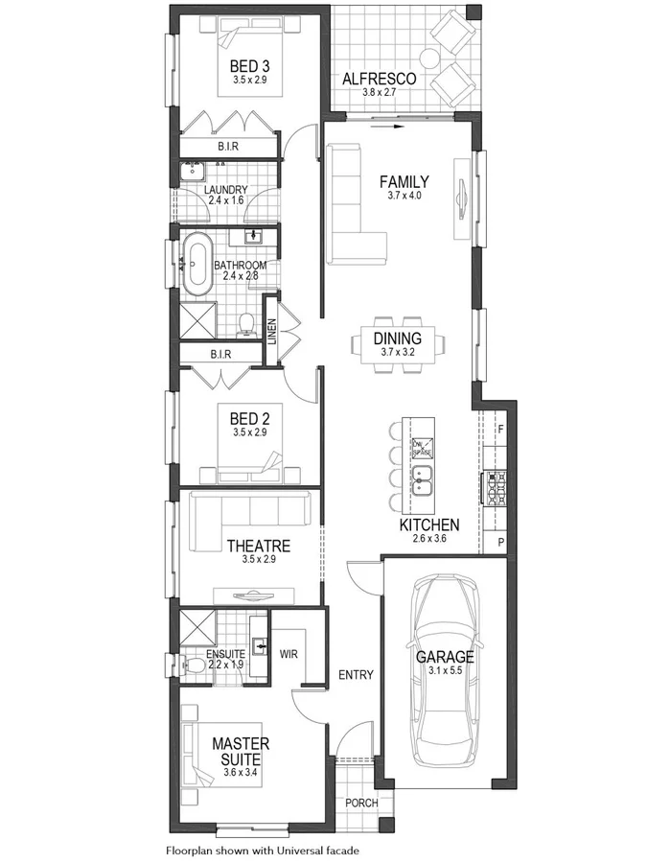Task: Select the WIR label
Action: (x=290, y=654)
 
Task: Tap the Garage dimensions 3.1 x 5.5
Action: (x=445, y=670)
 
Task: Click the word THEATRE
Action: (x=258, y=545)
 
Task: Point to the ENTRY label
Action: (x=356, y=675)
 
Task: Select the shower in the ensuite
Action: (x=197, y=626)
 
